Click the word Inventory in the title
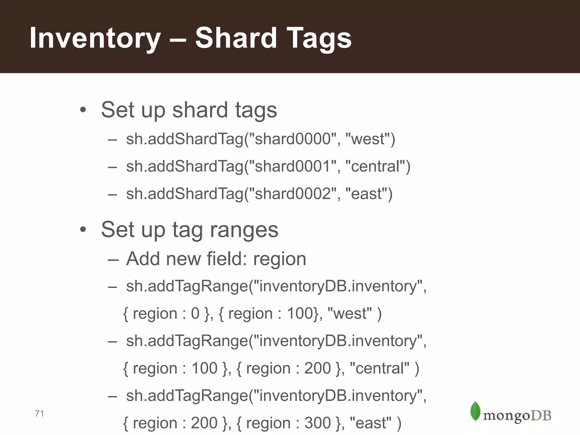(x=95, y=38)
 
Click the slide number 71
(x=39, y=414)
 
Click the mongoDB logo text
(x=517, y=416)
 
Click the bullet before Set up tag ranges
(x=83, y=230)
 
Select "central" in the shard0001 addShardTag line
(x=376, y=166)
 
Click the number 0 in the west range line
(x=195, y=314)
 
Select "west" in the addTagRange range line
(x=349, y=314)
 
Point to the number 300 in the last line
(x=317, y=423)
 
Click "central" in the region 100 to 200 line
(x=379, y=368)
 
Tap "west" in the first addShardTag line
(x=368, y=139)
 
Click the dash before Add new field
(x=112, y=259)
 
